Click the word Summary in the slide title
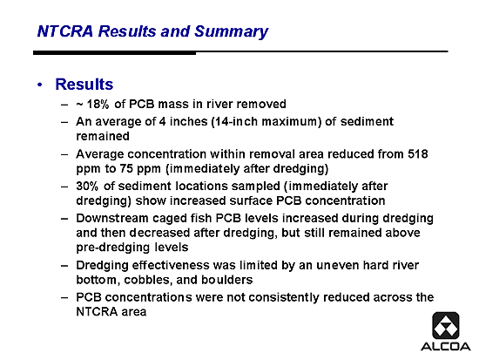point(232,31)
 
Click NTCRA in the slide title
point(65,31)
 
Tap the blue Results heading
point(84,84)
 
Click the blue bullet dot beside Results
point(40,85)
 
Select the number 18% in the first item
point(98,104)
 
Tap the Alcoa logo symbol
point(446,325)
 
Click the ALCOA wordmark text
point(446,347)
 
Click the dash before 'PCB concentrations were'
point(64,297)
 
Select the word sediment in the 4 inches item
point(367,121)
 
